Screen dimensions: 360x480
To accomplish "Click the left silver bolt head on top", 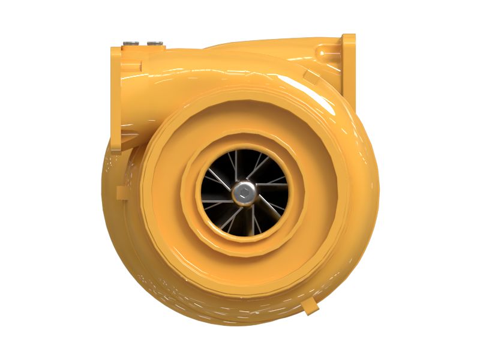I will point(131,43).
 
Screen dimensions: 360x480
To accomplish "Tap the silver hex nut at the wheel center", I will point(244,192).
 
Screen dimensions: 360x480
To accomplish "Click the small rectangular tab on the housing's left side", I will point(122,193).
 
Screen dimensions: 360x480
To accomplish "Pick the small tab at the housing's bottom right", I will point(310,306).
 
